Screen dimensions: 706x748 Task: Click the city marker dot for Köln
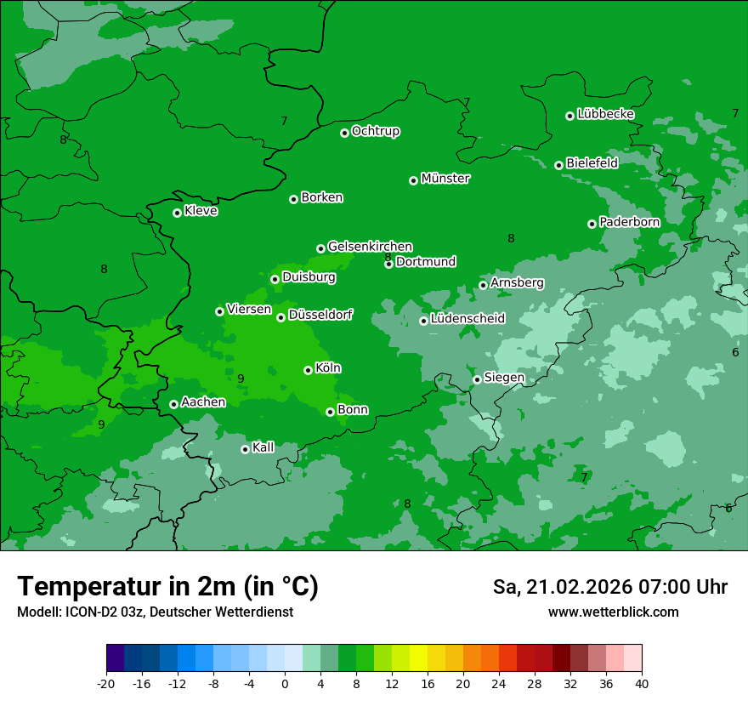coord(308,370)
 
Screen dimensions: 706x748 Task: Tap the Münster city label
coord(445,179)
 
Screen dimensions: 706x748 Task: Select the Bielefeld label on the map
coord(592,162)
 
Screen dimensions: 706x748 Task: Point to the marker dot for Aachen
coord(173,404)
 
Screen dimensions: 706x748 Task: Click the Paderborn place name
coord(629,222)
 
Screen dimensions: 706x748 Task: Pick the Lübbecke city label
coord(605,114)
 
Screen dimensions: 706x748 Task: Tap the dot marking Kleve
coord(177,213)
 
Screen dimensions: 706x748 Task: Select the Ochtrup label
coord(375,131)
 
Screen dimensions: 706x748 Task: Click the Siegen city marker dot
coord(477,379)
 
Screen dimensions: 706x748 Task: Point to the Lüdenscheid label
coord(467,319)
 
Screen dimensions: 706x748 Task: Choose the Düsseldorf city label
coord(320,315)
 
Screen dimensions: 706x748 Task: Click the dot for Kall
coord(245,449)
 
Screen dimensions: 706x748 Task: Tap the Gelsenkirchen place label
coord(370,247)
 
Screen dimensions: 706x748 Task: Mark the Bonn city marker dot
coord(330,412)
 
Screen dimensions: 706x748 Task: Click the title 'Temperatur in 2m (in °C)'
coord(167,586)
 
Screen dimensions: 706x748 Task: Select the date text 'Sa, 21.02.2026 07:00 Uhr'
coord(609,587)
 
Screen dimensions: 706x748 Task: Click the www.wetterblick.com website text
coord(613,612)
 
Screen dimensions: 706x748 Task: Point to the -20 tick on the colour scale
coord(106,683)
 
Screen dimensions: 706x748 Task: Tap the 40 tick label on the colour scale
coord(641,683)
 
